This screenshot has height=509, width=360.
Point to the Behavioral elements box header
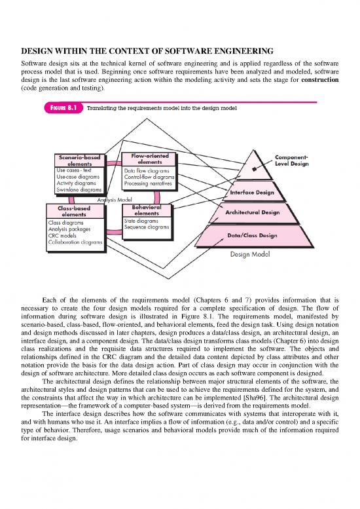(146, 210)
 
